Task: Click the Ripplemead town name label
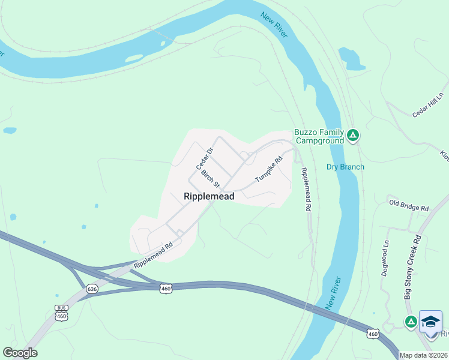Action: (208, 196)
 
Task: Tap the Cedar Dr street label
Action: (204, 159)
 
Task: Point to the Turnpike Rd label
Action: (268, 170)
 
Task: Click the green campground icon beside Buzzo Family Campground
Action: (354, 136)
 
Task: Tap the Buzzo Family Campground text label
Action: (319, 136)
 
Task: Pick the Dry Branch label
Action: (345, 167)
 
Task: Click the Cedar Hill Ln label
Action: (427, 106)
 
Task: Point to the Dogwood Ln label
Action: (385, 259)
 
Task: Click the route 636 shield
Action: (91, 289)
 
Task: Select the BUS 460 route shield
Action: (61, 313)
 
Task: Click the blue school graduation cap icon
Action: (430, 322)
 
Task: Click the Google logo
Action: (20, 353)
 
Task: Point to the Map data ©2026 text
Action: (423, 355)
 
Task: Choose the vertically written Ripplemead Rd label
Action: (307, 188)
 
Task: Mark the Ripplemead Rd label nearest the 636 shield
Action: (153, 254)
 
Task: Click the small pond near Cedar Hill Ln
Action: (352, 59)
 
